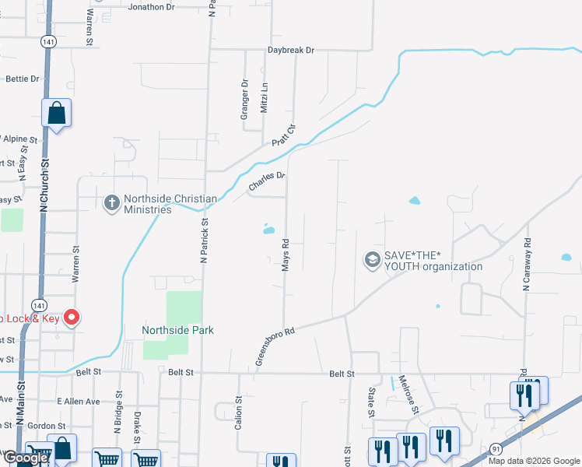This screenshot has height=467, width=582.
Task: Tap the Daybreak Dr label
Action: click(x=291, y=50)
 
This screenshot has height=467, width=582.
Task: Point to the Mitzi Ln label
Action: click(x=265, y=99)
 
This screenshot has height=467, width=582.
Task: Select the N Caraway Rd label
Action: click(x=527, y=265)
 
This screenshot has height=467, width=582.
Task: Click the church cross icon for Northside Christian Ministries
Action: click(x=111, y=203)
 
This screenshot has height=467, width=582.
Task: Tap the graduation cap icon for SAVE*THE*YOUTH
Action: click(x=372, y=259)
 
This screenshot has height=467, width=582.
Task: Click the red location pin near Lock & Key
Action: click(x=72, y=318)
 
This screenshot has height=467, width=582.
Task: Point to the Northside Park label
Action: click(x=177, y=330)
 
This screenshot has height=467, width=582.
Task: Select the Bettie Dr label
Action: click(x=22, y=79)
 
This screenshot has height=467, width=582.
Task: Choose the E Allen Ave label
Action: click(x=79, y=401)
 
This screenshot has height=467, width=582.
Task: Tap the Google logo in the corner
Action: click(x=26, y=458)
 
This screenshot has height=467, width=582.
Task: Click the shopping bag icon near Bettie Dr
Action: click(x=57, y=114)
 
